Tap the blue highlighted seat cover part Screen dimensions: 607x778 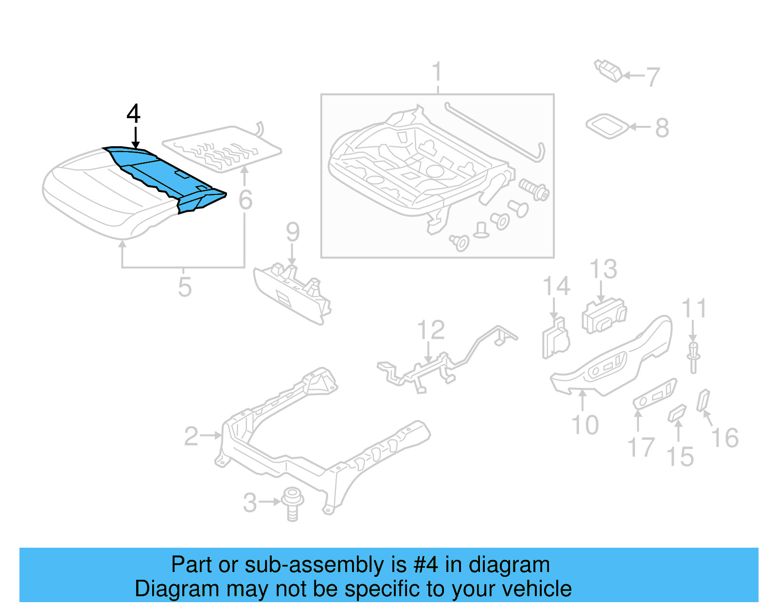tap(160, 173)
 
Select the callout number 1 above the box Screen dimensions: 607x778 tap(437, 72)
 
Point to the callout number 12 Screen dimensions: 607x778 tap(431, 330)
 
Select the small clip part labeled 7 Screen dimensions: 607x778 tap(608, 70)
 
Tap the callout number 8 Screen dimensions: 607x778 tap(662, 128)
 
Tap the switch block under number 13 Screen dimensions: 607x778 tap(603, 316)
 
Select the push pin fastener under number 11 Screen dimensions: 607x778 tap(693, 357)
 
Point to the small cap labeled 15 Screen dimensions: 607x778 tap(677, 413)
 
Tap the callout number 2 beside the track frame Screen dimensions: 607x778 tap(191, 436)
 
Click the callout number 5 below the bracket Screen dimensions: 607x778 tap(184, 287)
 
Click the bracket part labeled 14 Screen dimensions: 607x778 tap(555, 338)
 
